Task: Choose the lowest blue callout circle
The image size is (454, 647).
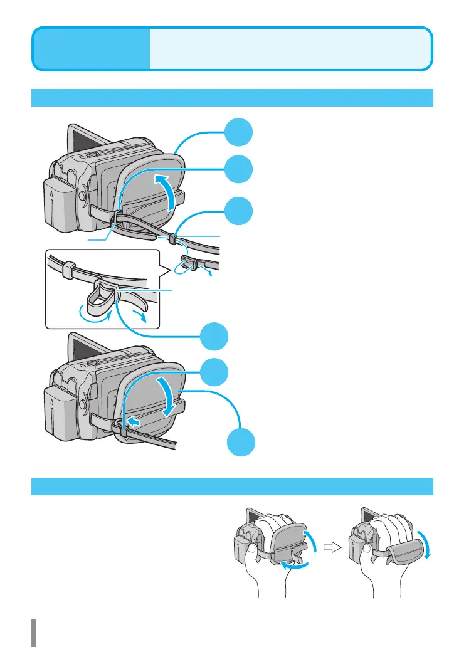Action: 241,443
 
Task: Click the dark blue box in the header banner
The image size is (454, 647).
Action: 92,48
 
